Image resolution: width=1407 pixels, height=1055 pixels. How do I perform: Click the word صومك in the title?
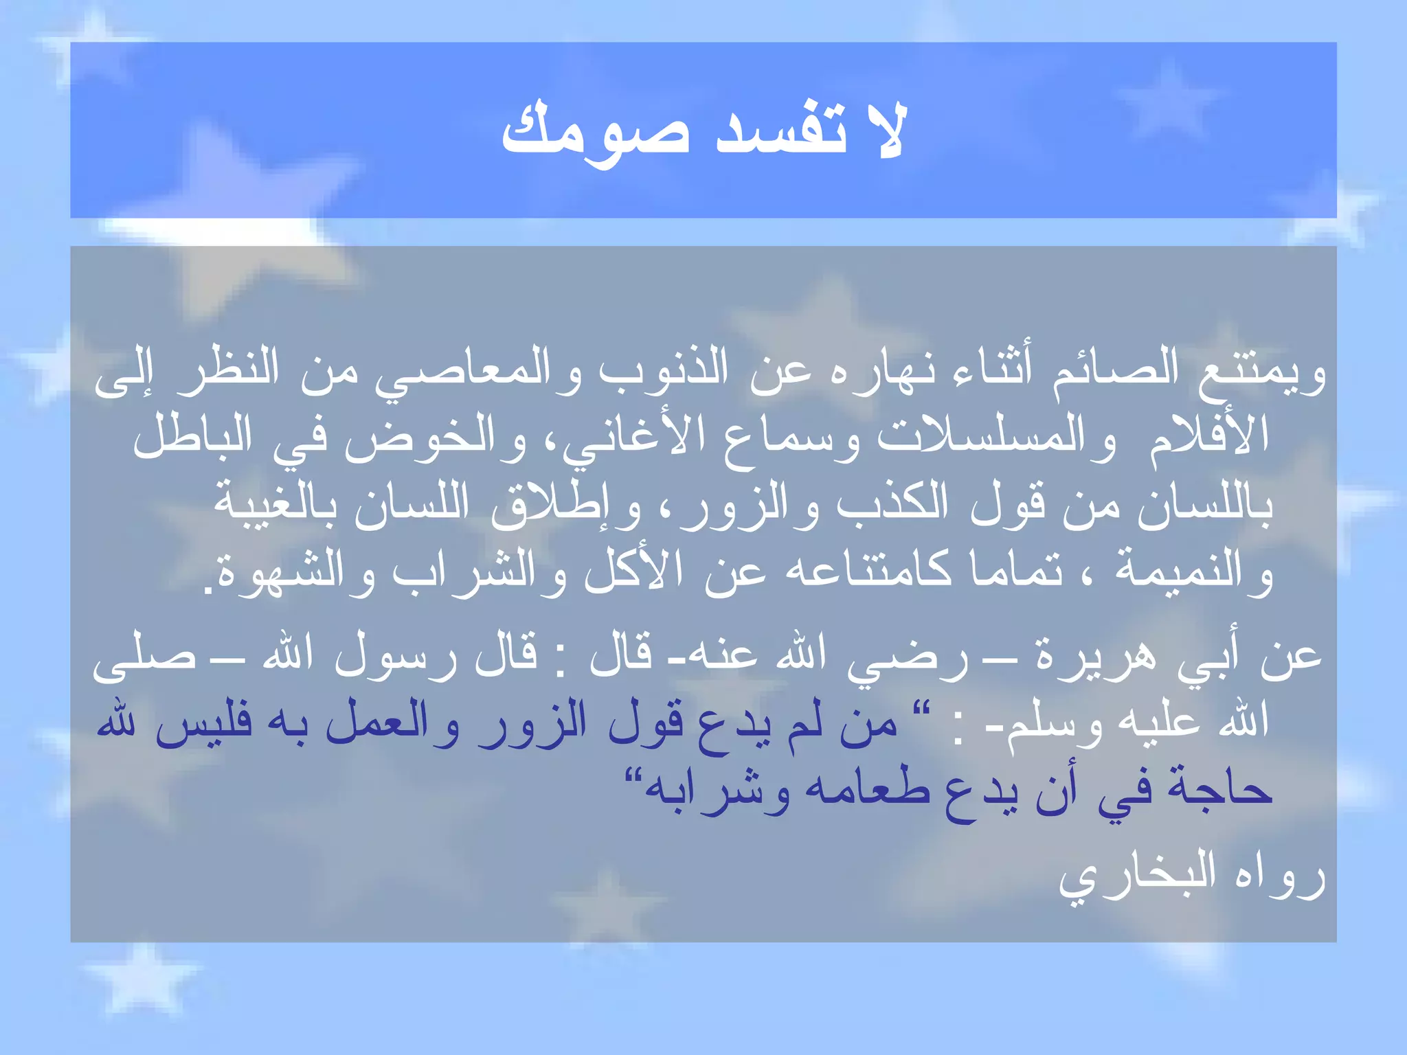[x=595, y=134]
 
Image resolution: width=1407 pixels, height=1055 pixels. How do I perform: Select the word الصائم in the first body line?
[x=1116, y=371]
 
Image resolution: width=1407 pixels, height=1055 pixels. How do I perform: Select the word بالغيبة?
[x=275, y=505]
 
